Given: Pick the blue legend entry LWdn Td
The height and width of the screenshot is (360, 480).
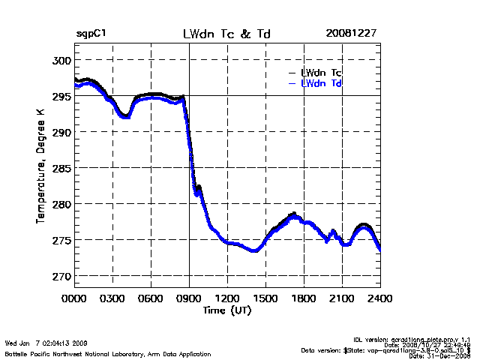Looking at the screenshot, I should pyautogui.click(x=321, y=83).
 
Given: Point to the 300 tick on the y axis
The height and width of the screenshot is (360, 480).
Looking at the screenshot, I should pyautogui.click(x=60, y=60).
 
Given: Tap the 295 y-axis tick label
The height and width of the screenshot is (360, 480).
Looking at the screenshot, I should pyautogui.click(x=60, y=96).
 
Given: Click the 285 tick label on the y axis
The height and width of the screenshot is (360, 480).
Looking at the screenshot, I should pyautogui.click(x=60, y=168).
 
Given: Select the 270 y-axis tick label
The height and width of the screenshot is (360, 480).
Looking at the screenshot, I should pyautogui.click(x=60, y=276).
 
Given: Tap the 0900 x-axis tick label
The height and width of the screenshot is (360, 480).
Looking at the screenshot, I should pyautogui.click(x=190, y=298).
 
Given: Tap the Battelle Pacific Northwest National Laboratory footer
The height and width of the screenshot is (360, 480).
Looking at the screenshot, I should pyautogui.click(x=108, y=353).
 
